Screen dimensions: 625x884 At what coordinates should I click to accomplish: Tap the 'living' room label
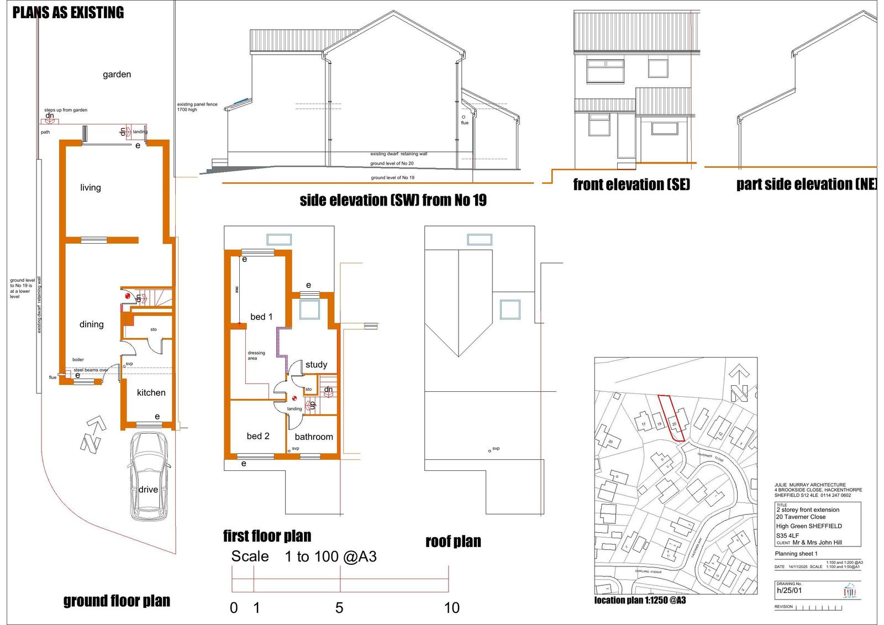91,188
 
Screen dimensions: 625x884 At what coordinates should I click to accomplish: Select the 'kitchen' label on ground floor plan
151,393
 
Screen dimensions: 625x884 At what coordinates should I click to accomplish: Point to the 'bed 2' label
258,436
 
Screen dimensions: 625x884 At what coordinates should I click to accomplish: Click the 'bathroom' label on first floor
314,437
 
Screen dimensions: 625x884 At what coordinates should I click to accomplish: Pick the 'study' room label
316,365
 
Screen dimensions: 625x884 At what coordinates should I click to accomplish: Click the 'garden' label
117,75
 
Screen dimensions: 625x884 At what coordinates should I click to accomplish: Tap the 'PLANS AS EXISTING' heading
69,13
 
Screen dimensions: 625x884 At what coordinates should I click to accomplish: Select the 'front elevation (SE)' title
632,185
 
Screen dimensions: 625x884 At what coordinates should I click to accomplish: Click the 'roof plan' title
453,542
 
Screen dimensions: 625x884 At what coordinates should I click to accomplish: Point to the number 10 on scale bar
451,608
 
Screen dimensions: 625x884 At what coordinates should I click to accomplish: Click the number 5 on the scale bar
339,608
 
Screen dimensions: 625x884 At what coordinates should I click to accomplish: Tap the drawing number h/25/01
789,590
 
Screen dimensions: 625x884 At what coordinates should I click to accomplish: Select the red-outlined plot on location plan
672,418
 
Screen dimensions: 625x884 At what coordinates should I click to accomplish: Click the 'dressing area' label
256,355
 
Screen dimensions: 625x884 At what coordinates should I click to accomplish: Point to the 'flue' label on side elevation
465,123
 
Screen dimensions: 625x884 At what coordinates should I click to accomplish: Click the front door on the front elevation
627,136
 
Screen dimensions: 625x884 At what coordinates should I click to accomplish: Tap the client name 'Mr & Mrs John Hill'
817,543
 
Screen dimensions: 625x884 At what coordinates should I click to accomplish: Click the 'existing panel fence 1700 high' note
197,107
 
